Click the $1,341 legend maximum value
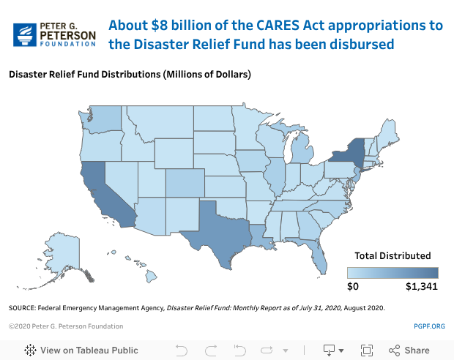421,286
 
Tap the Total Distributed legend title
392,256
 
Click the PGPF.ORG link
429,326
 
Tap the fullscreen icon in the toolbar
368,350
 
